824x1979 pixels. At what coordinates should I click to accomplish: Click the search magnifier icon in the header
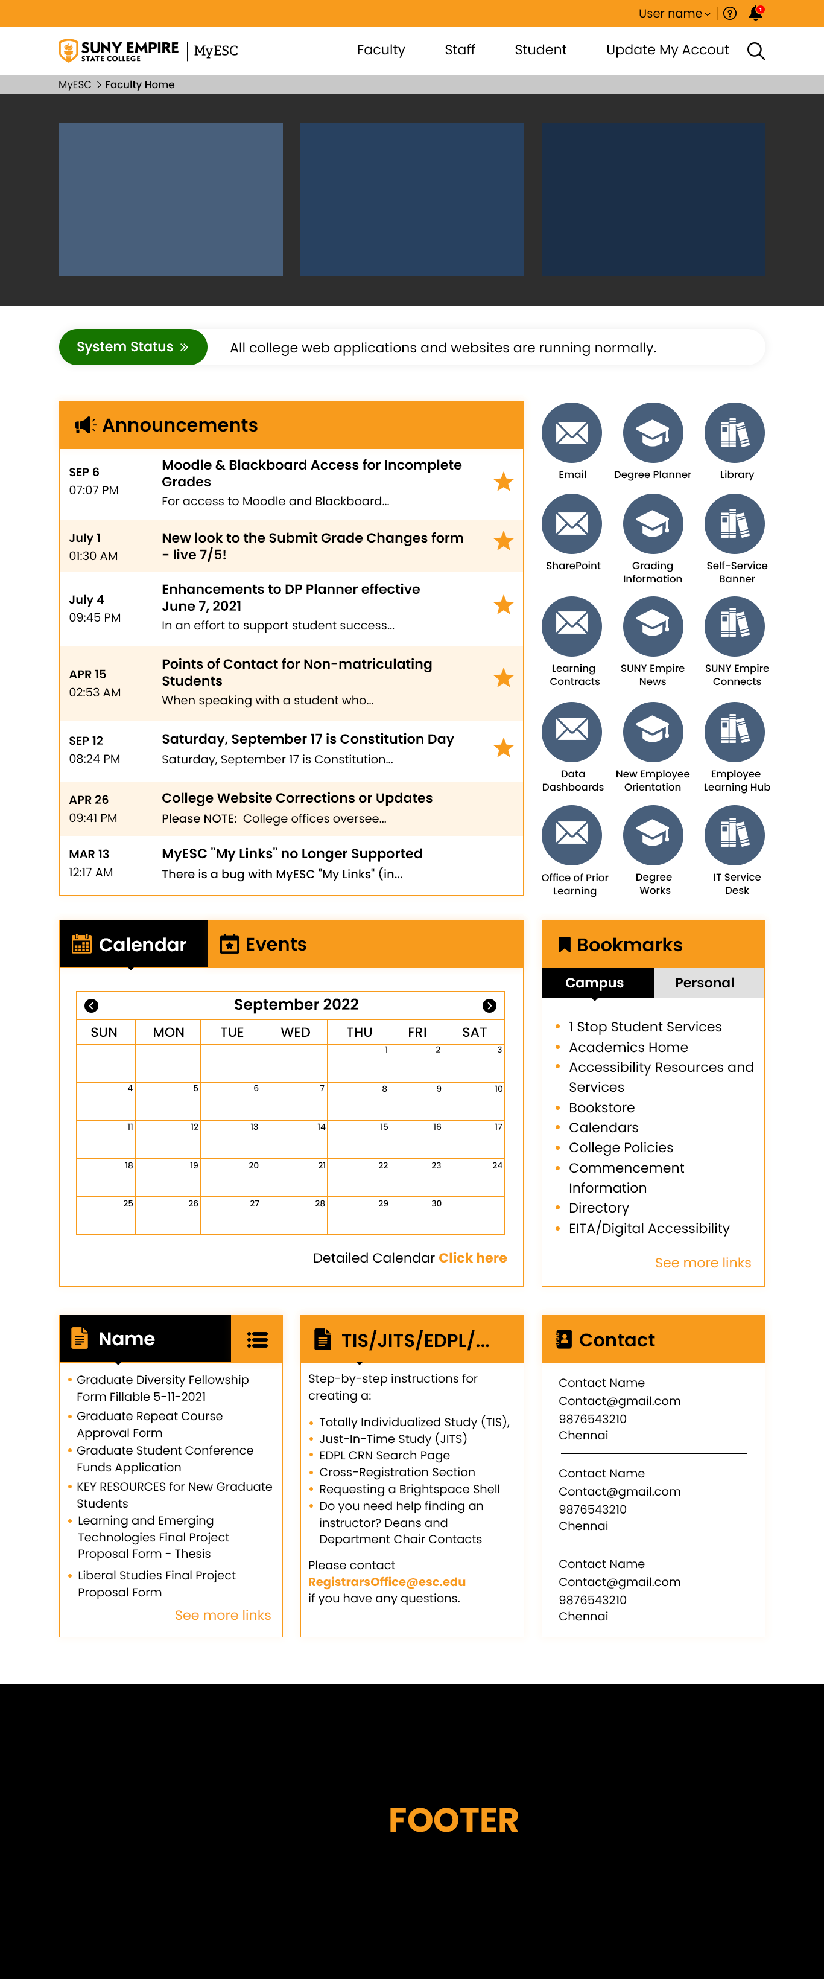[x=756, y=51]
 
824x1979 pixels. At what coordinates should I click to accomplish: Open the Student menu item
[x=540, y=50]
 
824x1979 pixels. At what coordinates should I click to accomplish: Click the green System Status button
[x=133, y=347]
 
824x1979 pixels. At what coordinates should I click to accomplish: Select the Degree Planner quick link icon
[x=653, y=433]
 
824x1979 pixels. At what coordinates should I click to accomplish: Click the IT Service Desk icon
[x=734, y=835]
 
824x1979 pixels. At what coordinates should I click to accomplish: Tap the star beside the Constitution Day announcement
[x=504, y=748]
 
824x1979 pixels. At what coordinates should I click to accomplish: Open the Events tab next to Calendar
[x=264, y=944]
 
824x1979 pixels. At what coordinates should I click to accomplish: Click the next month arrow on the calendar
[x=489, y=1005]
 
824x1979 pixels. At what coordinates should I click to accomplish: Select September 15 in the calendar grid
[x=360, y=1138]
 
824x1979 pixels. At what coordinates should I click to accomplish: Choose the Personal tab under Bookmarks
[x=704, y=983]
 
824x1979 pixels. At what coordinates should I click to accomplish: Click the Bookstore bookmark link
[x=601, y=1107]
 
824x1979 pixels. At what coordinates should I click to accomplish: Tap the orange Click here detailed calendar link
[x=472, y=1258]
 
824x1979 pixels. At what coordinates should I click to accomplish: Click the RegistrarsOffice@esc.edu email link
[x=386, y=1582]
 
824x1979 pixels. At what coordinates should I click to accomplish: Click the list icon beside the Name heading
[x=257, y=1340]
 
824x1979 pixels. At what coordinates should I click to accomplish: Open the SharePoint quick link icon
[x=572, y=524]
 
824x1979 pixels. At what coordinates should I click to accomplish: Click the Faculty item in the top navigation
[x=380, y=50]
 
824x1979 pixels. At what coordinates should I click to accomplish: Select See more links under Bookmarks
[x=703, y=1263]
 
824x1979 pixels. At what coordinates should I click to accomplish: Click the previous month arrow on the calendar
[x=91, y=1005]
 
